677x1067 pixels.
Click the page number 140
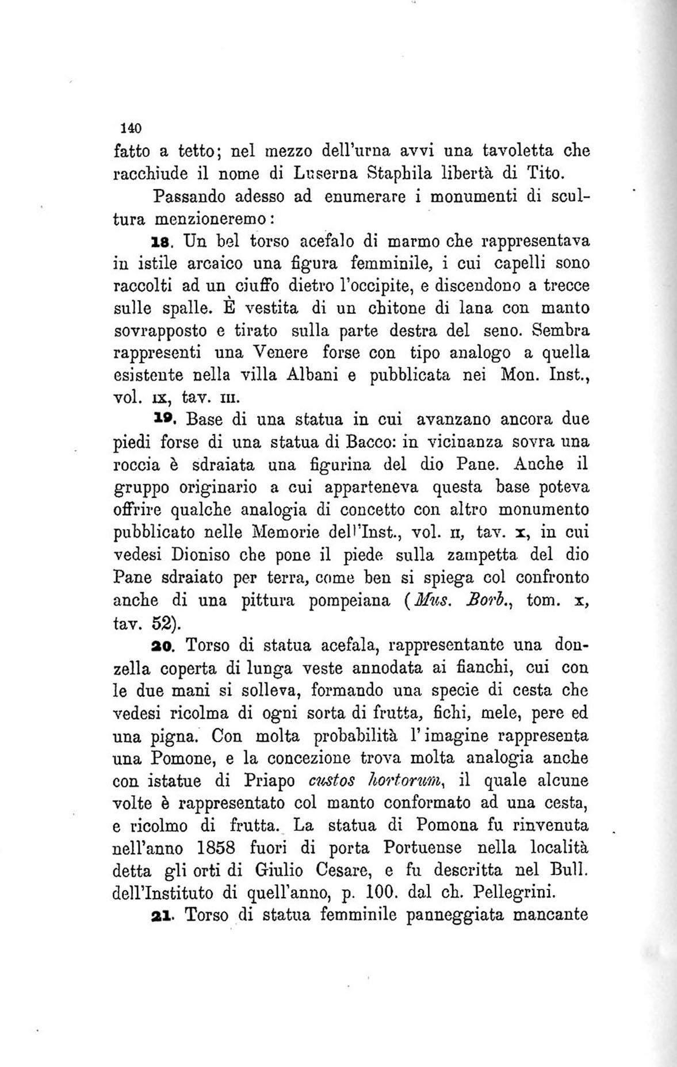(124, 128)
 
